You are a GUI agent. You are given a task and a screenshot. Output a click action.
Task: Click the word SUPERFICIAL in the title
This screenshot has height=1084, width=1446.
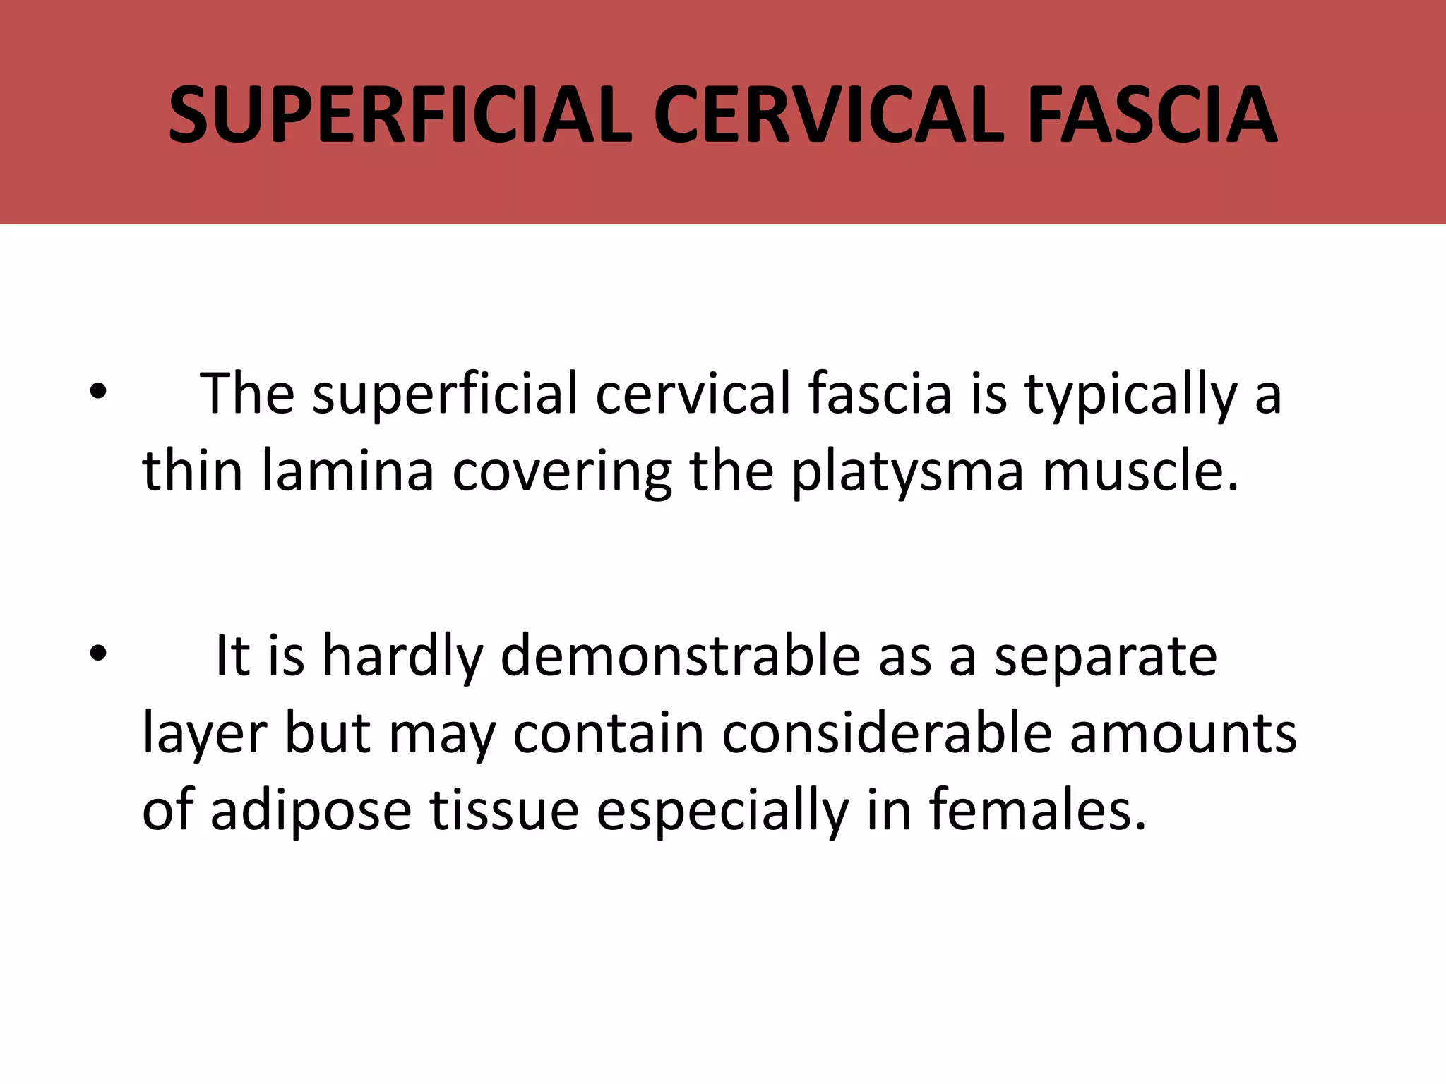tap(400, 115)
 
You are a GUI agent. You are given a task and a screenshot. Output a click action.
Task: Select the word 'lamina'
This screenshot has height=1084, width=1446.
tap(347, 471)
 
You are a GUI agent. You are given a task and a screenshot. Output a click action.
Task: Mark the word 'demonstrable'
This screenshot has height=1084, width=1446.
tap(681, 656)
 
